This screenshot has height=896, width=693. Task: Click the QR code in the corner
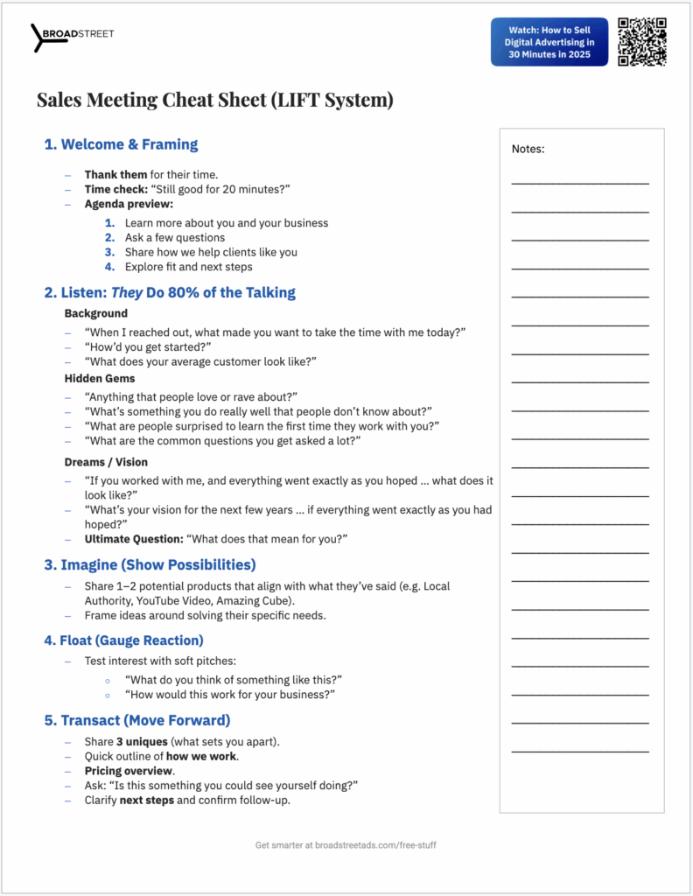[x=642, y=41]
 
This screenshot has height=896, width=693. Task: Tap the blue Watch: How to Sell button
[x=549, y=42]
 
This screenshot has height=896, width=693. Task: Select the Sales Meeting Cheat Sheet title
[x=214, y=100]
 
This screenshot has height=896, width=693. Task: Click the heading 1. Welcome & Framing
[x=121, y=144]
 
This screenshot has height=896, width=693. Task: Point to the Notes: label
[x=528, y=150]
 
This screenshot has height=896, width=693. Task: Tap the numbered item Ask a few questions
[x=175, y=237]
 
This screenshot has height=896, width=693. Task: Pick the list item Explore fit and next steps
[x=188, y=267]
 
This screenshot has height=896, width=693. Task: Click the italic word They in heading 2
[x=127, y=293]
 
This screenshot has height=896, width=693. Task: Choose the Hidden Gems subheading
[x=100, y=378]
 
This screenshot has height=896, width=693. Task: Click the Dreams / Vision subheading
[x=106, y=461]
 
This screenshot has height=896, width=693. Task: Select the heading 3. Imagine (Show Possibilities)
[x=150, y=565]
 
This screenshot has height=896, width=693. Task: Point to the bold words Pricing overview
[x=129, y=771]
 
